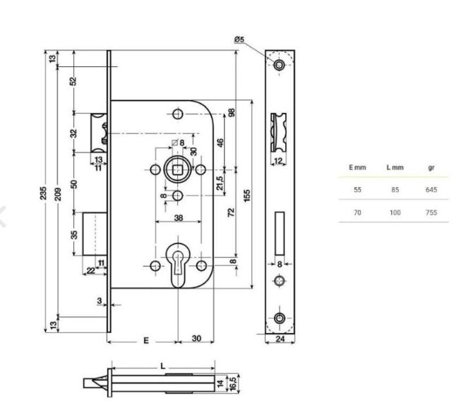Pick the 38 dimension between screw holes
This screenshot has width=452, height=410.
click(x=178, y=218)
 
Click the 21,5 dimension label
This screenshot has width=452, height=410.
click(x=219, y=182)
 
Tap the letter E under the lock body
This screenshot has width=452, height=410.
click(x=145, y=340)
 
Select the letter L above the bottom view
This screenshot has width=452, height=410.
click(x=163, y=366)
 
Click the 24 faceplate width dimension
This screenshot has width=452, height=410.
click(x=280, y=339)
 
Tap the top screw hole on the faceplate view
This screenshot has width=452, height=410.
click(x=280, y=66)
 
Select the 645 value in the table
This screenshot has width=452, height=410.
click(x=432, y=190)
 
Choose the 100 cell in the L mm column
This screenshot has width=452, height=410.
click(x=395, y=212)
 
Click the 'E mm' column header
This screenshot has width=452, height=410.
click(x=357, y=167)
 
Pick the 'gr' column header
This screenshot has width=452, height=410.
click(x=432, y=167)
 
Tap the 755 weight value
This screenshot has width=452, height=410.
click(x=432, y=212)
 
